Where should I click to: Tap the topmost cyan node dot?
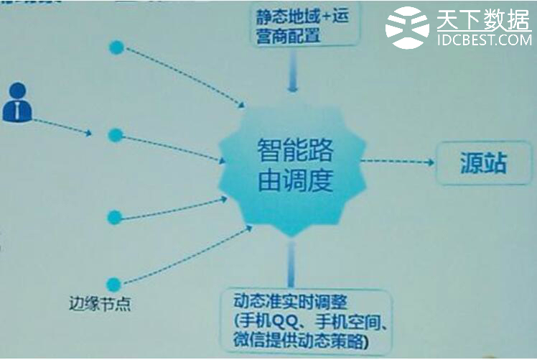(116, 47)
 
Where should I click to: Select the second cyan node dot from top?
(115, 134)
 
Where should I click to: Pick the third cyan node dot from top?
(115, 216)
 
